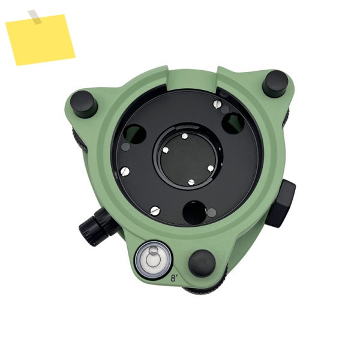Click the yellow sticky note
40,40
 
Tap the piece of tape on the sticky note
35,17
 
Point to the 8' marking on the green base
175,279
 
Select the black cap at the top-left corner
84,104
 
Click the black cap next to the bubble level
202,263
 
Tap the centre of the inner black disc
188,158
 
